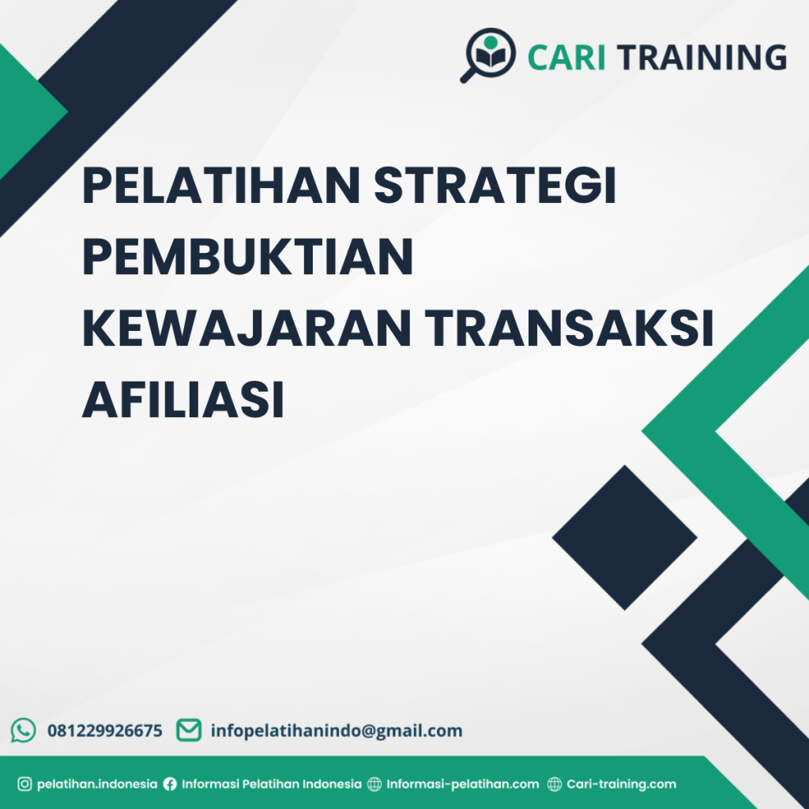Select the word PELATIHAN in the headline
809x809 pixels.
[220, 186]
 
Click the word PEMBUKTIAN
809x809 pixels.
[248, 258]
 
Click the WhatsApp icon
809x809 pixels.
[24, 730]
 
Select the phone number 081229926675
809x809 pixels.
[105, 731]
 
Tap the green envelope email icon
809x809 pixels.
[188, 730]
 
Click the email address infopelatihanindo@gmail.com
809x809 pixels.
[337, 731]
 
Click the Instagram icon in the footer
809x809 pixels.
[24, 785]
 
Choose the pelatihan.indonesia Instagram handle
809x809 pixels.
[97, 785]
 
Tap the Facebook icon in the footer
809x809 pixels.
[170, 785]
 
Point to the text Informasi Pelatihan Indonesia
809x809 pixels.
[272, 785]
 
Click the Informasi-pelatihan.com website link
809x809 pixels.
[463, 785]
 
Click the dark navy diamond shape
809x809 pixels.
[624, 537]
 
